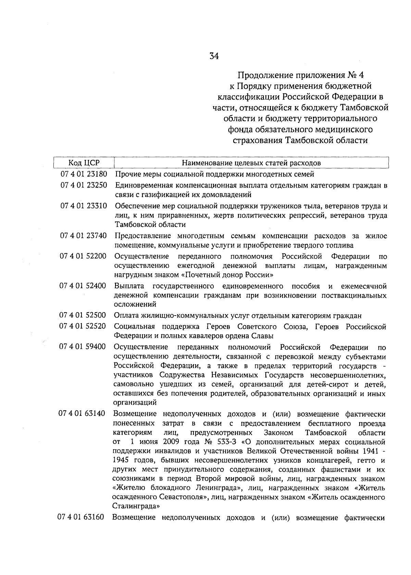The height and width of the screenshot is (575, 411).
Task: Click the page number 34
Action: coord(214,56)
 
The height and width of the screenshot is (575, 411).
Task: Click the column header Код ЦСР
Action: coord(84,163)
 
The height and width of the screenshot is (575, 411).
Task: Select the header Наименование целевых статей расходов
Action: coord(251,163)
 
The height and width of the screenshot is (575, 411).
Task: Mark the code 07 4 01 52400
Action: coord(83,286)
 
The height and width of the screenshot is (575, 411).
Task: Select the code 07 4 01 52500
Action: coord(83,315)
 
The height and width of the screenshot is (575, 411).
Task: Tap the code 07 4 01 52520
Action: coord(83,327)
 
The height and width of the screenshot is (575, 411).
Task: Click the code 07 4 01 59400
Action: coord(83,347)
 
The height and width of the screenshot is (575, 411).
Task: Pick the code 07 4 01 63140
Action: coord(82,413)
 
